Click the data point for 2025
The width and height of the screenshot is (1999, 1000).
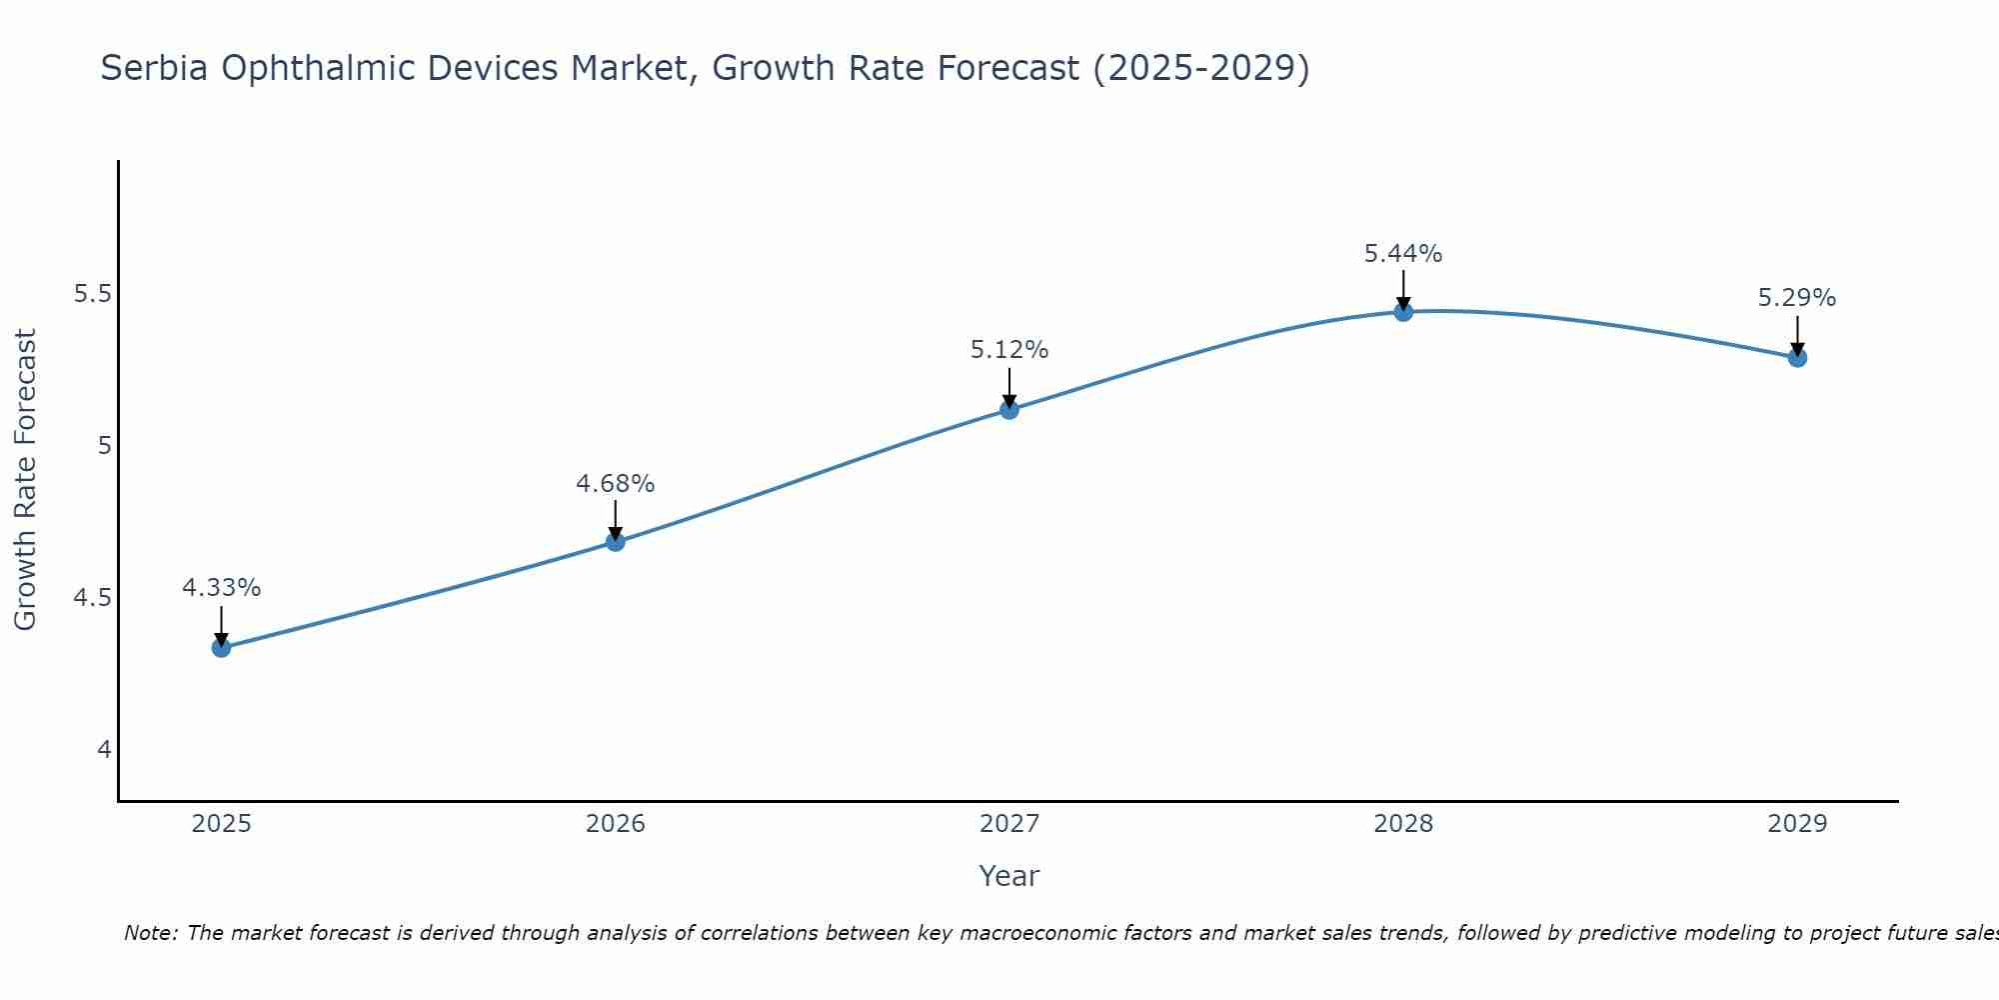tap(221, 648)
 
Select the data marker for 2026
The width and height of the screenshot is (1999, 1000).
tap(616, 542)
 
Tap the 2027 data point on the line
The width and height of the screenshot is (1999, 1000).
tap(1009, 409)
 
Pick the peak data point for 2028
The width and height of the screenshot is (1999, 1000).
tap(1403, 312)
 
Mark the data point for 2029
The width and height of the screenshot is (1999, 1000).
tap(1797, 357)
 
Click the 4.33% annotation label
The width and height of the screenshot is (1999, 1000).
tap(221, 588)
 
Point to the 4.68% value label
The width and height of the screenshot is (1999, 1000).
tap(616, 484)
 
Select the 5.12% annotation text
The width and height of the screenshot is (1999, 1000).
tap(1009, 350)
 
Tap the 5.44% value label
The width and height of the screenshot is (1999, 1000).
tap(1403, 254)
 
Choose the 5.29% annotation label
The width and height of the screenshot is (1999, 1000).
tap(1797, 298)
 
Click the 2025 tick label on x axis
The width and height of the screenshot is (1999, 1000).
tap(221, 824)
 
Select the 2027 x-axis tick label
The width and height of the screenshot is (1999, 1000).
tap(1009, 824)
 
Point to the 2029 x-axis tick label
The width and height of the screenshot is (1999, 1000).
tap(1797, 824)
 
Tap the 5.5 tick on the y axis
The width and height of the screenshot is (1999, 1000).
tap(93, 294)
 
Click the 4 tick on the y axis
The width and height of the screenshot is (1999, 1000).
tap(105, 750)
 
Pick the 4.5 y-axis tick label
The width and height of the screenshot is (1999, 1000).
tap(93, 598)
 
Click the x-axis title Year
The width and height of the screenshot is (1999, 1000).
tap(1009, 876)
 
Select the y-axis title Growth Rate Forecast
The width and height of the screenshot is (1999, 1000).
tap(26, 480)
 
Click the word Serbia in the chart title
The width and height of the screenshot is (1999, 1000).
tap(155, 68)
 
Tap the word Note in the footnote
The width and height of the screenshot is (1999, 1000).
tap(150, 933)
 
